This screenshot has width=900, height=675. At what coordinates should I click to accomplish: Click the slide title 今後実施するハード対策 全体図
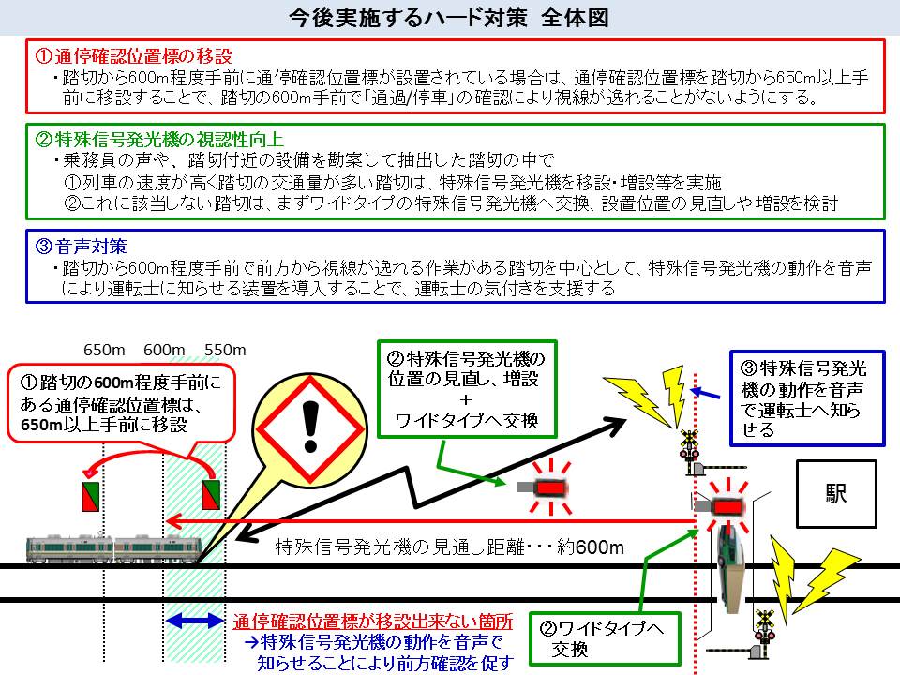tap(450, 19)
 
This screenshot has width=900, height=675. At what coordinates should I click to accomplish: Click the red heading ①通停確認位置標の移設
tap(133, 56)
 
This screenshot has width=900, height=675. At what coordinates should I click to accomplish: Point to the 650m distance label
tap(104, 350)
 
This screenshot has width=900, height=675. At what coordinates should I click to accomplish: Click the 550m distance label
tap(225, 350)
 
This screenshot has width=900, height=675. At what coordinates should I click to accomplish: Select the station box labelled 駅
tap(835, 494)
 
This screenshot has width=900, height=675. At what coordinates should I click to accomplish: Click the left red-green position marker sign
tap(91, 496)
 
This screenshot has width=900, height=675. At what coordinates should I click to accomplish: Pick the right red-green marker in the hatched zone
tap(211, 496)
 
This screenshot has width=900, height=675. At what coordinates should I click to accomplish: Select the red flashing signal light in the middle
tap(547, 488)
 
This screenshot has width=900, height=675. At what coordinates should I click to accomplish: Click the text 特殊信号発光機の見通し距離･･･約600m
tap(450, 547)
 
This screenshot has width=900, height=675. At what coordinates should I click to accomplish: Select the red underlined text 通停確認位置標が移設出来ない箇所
tap(373, 621)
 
